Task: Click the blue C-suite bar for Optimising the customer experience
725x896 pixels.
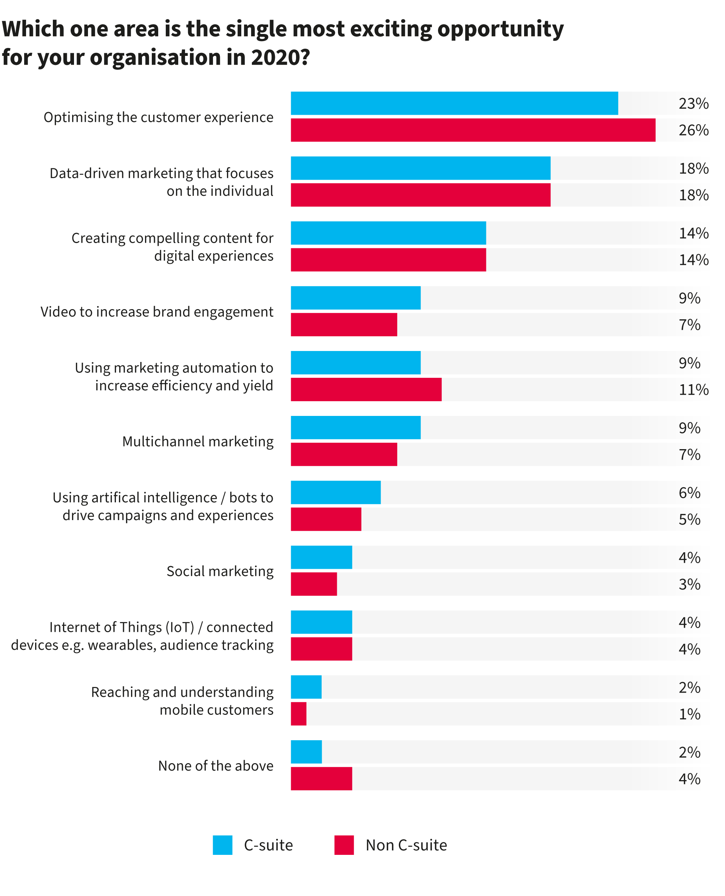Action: [x=454, y=103]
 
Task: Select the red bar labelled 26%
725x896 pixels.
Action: [x=473, y=130]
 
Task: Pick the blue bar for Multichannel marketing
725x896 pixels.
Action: [x=355, y=427]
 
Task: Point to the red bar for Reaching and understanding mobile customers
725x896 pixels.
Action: [x=299, y=714]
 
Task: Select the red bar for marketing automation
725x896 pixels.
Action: [x=366, y=389]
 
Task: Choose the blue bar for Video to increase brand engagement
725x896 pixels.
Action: [x=355, y=297]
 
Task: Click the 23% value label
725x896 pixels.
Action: [x=693, y=103]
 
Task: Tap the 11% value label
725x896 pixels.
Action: [x=693, y=390]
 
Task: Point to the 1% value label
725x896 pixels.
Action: [x=689, y=714]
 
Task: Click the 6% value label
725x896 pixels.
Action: [x=689, y=493]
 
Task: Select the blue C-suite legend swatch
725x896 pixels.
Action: [x=222, y=845]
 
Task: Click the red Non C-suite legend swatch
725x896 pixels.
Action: [x=344, y=845]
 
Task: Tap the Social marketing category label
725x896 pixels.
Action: [x=220, y=571]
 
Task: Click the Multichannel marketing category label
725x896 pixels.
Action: [x=197, y=441]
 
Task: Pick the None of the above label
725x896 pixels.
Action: [x=216, y=765]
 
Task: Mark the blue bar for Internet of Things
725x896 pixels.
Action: [x=321, y=622]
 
